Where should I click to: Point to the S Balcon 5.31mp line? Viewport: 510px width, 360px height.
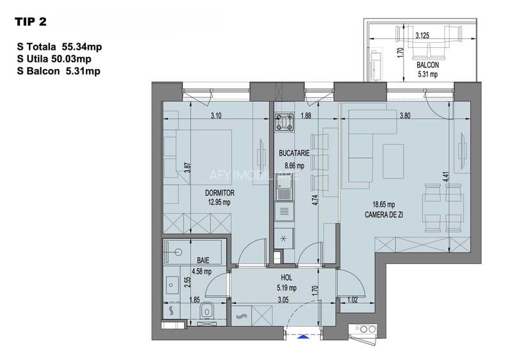[60, 71]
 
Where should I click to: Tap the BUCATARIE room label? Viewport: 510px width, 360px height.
[294, 153]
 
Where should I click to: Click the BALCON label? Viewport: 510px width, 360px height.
[427, 65]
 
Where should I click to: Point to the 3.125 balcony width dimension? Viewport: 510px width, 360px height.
[422, 36]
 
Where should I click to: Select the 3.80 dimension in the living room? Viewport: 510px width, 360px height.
[404, 116]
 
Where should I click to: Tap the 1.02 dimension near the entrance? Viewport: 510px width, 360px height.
[351, 298]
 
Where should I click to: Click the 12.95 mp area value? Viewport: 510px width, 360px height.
[218, 201]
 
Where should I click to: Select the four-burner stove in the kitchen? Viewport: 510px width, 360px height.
[283, 121]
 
